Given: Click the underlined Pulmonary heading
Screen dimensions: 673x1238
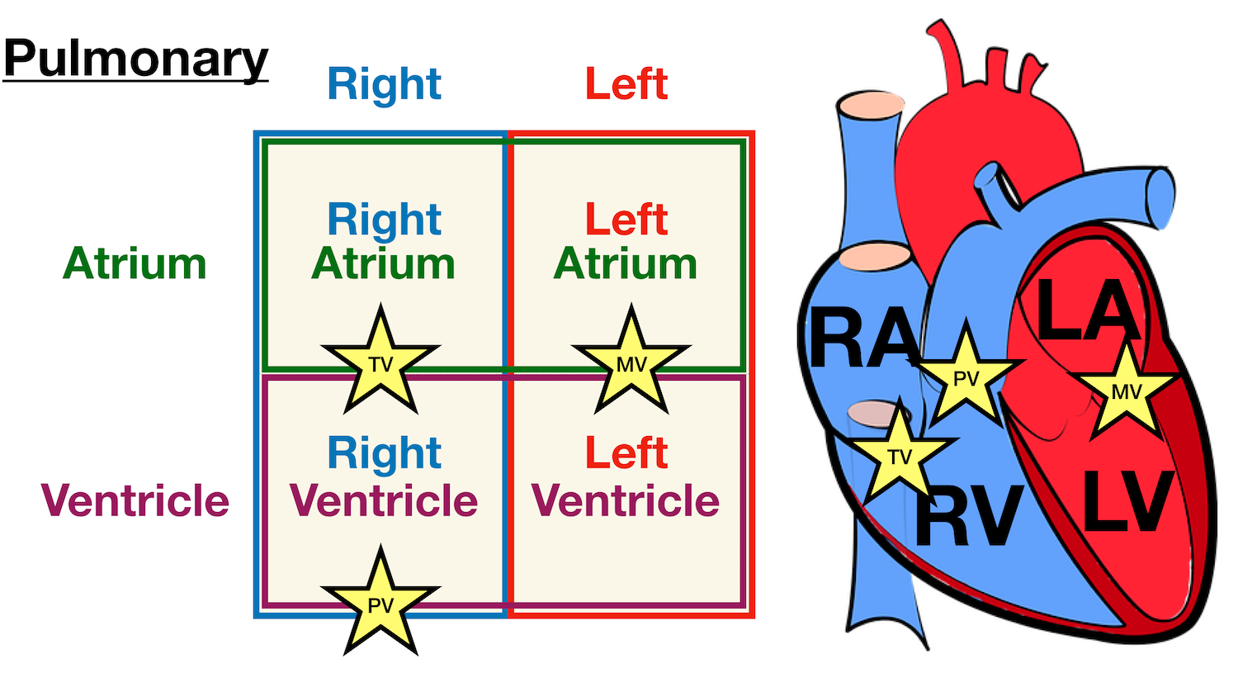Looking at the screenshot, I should click(x=136, y=59).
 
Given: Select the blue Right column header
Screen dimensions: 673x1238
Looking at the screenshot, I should click(x=384, y=84).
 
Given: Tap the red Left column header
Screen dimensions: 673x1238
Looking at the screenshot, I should click(x=626, y=84).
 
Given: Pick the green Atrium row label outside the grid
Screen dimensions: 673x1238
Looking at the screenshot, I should click(x=135, y=264).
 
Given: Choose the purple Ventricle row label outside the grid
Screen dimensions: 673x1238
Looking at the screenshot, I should click(x=135, y=500).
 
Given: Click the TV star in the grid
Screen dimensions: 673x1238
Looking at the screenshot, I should click(x=380, y=363).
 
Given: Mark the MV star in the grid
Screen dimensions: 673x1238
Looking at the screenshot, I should click(x=631, y=363).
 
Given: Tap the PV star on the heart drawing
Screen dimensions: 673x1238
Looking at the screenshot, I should click(x=966, y=377).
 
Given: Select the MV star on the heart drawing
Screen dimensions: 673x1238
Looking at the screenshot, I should click(x=1126, y=391).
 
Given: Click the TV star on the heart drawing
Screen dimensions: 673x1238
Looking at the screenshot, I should click(x=899, y=455).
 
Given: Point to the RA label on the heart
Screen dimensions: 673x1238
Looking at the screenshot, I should click(x=863, y=338).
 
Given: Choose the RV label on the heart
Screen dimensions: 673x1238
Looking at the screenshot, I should click(x=969, y=516).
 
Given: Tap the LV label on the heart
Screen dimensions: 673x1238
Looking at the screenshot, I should click(x=1127, y=500).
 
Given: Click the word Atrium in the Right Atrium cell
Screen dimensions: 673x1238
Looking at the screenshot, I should click(x=384, y=264).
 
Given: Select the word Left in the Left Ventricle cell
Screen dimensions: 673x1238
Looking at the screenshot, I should click(x=626, y=453).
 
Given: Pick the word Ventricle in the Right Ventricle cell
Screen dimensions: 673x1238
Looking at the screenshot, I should click(x=384, y=500).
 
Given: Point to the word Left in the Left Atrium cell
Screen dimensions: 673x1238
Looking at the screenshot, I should click(x=626, y=220).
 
